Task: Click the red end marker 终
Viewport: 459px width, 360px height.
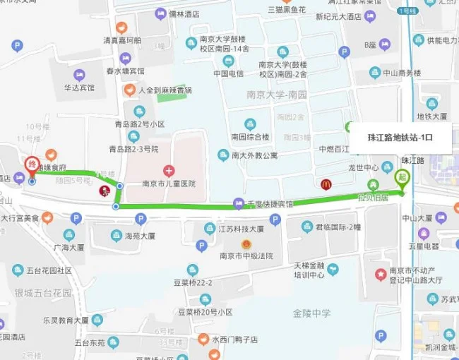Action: click(31, 164)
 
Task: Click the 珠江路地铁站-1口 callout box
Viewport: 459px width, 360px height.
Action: click(401, 138)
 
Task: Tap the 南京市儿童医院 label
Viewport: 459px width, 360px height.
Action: click(169, 184)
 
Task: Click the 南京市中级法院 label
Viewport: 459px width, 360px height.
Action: click(246, 256)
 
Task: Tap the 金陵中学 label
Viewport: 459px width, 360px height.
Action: click(311, 313)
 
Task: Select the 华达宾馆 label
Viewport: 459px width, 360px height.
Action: click(80, 88)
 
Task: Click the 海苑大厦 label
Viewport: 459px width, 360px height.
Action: click(140, 236)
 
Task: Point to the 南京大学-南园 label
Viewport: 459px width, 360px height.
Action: click(276, 95)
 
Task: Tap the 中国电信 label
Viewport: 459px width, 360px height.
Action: click(229, 73)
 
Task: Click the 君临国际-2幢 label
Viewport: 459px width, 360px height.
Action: click(338, 227)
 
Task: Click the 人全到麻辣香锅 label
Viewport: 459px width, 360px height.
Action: click(165, 90)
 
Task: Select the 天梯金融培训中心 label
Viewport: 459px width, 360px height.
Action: click(309, 270)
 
